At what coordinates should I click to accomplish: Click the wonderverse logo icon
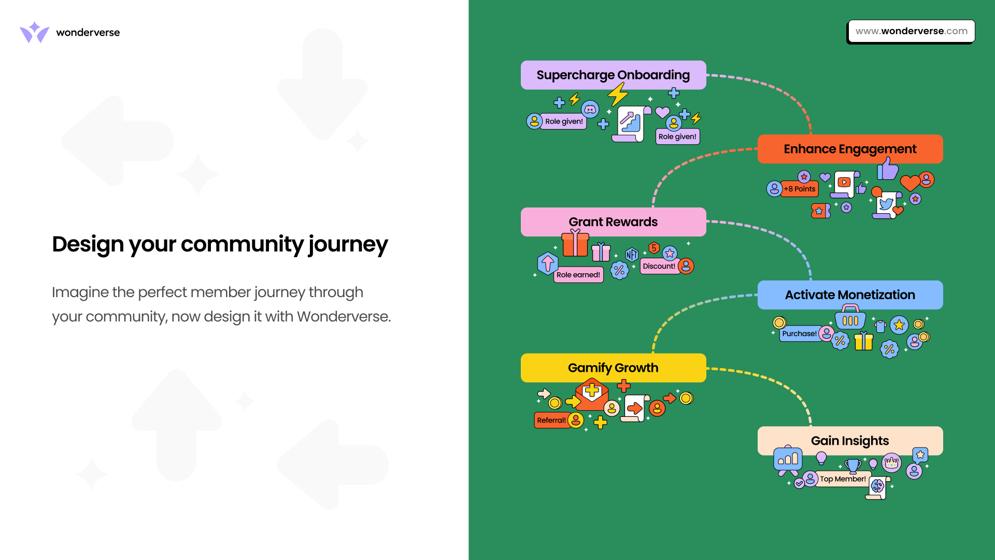click(x=34, y=32)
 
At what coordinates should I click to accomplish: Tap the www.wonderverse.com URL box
click(x=911, y=31)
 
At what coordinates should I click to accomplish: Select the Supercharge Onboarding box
click(x=613, y=75)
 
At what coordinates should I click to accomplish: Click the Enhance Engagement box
click(x=850, y=149)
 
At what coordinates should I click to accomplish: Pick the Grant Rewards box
click(x=613, y=222)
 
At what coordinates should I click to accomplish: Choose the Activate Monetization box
click(x=850, y=295)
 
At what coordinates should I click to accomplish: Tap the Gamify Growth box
click(x=613, y=368)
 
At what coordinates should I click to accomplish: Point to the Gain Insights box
click(x=850, y=441)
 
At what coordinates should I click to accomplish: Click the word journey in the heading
click(x=348, y=245)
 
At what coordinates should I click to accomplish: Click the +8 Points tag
click(x=800, y=189)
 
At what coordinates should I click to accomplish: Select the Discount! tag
click(x=659, y=267)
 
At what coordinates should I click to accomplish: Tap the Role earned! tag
click(x=578, y=275)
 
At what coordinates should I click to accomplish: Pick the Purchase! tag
click(x=799, y=334)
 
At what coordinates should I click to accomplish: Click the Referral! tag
click(x=551, y=421)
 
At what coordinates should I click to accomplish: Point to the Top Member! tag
click(x=843, y=479)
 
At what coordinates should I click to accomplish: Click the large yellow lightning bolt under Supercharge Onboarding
click(x=618, y=95)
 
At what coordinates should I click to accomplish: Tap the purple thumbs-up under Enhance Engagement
click(x=888, y=169)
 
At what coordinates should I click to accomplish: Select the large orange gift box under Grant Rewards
click(x=575, y=244)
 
